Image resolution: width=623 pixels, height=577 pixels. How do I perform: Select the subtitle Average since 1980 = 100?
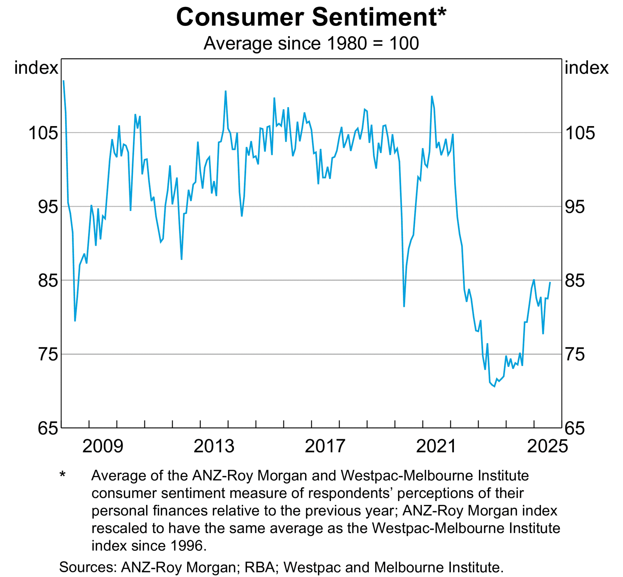(311, 43)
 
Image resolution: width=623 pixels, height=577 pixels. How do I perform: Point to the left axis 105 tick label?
(44, 133)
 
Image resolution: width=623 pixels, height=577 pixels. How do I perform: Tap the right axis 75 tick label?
(575, 355)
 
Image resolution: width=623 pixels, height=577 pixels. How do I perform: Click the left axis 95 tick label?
(48, 207)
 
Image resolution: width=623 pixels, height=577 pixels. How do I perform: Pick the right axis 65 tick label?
(575, 428)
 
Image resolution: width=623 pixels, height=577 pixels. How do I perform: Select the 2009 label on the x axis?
(103, 446)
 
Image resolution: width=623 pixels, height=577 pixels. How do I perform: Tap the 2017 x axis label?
(325, 446)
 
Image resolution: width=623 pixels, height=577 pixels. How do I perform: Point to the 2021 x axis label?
(436, 446)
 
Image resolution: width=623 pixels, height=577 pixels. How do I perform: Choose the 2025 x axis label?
(547, 446)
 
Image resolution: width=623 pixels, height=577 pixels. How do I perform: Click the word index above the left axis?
(36, 68)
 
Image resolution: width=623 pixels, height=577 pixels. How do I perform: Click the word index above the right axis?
(586, 68)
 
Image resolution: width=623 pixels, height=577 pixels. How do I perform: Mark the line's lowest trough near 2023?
(494, 386)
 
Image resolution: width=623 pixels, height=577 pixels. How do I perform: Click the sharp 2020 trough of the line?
(404, 307)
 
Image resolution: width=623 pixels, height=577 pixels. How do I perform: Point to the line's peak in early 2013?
(225, 91)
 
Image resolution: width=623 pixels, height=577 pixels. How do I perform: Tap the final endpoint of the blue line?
(550, 282)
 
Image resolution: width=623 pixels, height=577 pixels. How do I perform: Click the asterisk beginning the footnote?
(62, 475)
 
